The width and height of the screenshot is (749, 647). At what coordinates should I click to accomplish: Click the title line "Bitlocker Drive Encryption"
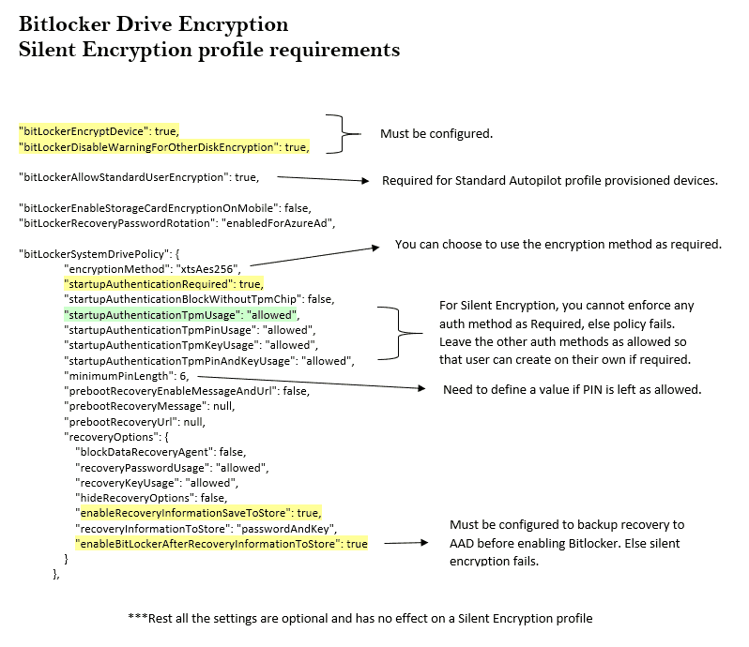click(154, 24)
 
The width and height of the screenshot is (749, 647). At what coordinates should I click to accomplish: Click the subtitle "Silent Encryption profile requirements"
click(209, 49)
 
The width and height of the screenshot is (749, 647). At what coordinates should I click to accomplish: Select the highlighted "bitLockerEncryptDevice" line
click(99, 130)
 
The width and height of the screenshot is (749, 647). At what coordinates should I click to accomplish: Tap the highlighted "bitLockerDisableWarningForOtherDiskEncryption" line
click(164, 146)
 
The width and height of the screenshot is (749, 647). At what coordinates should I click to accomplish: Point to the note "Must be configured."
click(436, 134)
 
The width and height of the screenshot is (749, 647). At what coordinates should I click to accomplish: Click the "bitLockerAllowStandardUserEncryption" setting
click(138, 176)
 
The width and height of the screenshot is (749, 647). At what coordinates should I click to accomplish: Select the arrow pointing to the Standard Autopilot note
click(320, 178)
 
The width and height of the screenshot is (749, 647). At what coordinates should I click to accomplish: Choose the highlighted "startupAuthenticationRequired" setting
click(162, 283)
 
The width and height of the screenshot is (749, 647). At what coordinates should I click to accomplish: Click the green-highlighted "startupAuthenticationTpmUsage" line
click(180, 314)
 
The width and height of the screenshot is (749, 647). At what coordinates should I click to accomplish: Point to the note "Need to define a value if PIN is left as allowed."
click(572, 389)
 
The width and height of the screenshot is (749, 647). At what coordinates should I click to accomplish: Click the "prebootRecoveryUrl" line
click(132, 422)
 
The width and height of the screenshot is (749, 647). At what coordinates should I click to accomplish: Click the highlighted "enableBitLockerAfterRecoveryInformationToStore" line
click(222, 543)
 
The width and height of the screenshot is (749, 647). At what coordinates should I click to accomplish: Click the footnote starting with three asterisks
click(359, 618)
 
